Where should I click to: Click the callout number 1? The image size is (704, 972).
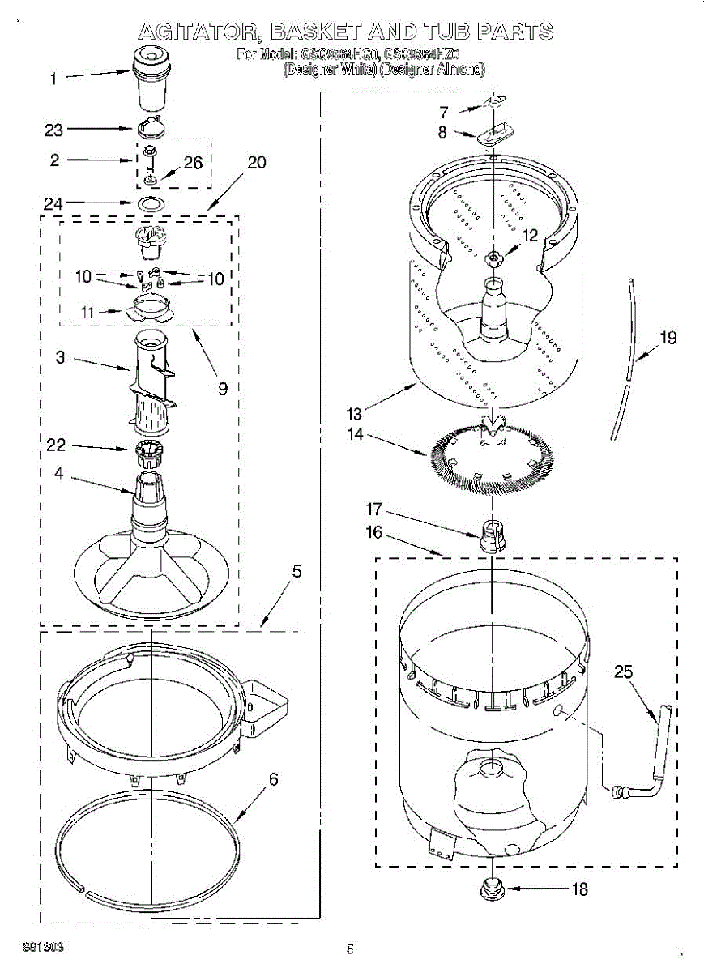(53, 79)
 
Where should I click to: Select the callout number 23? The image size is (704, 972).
(53, 129)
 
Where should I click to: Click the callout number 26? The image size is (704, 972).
(193, 163)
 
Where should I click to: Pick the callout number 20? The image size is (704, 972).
(256, 162)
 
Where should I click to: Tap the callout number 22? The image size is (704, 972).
(56, 445)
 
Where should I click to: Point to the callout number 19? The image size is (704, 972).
(668, 338)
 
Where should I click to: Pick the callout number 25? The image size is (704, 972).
(624, 671)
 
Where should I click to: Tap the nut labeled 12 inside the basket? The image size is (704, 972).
(493, 258)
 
